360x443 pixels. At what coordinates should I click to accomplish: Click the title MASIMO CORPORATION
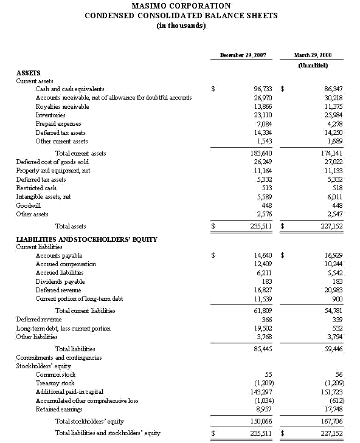(181, 6)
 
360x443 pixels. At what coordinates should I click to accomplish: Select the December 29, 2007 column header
(243, 55)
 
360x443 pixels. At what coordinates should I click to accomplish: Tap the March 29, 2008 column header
(313, 55)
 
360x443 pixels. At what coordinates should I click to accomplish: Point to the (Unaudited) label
(313, 65)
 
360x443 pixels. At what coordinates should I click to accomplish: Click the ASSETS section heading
(28, 73)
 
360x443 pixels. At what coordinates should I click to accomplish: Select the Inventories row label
(52, 115)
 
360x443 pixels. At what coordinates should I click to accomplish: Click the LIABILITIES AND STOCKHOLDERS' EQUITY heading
(86, 239)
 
